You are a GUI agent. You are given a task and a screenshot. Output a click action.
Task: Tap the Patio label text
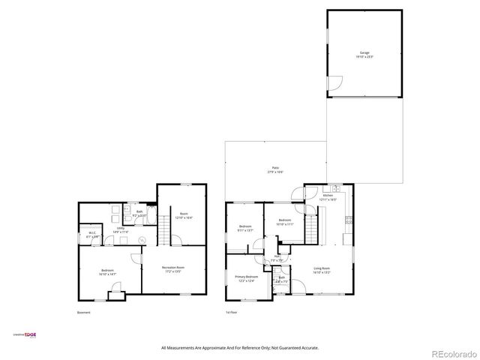(x=275, y=169)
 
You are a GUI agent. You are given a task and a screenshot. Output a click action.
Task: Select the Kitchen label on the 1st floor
(x=328, y=197)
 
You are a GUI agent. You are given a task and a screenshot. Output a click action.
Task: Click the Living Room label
(x=321, y=269)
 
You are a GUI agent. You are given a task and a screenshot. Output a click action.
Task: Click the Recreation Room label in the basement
(x=173, y=269)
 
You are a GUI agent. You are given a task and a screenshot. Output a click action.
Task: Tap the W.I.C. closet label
(x=91, y=234)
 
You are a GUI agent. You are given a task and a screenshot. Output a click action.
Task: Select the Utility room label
(x=120, y=230)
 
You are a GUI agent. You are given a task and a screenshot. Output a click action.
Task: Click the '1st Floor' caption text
(x=232, y=312)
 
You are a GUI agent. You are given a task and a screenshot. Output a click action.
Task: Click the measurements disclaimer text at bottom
(x=240, y=348)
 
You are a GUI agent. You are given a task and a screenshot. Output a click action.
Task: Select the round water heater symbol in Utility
(x=142, y=240)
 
